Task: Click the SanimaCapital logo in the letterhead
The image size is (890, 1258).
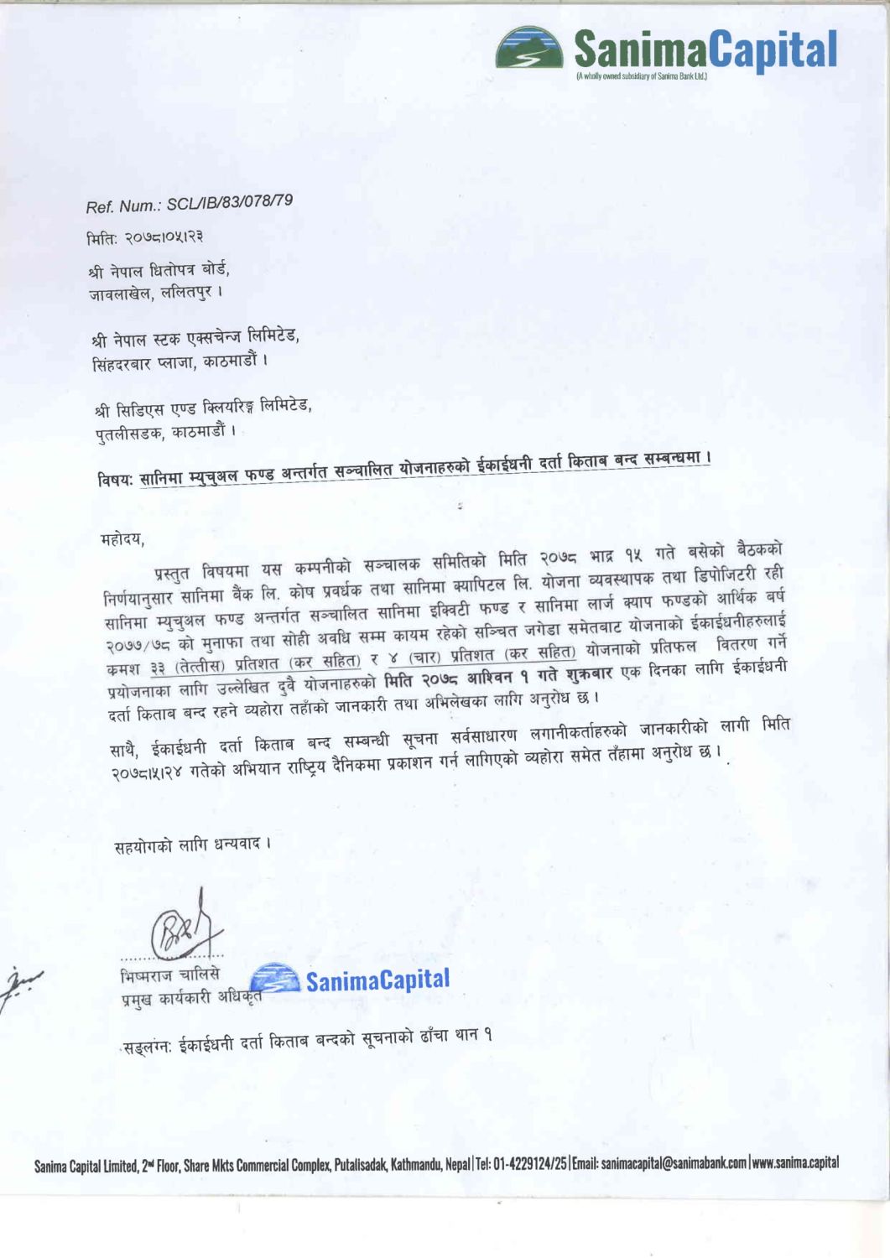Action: pyautogui.click(x=667, y=50)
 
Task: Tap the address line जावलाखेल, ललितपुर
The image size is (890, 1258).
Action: pyautogui.click(x=156, y=294)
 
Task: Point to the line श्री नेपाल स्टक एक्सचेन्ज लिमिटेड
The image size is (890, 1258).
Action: pyautogui.click(x=195, y=338)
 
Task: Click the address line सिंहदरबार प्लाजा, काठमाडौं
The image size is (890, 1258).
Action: pyautogui.click(x=180, y=363)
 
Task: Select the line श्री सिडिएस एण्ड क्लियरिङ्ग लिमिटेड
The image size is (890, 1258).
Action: pyautogui.click(x=203, y=408)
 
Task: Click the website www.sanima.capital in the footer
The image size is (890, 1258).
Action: pyautogui.click(x=795, y=1162)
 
